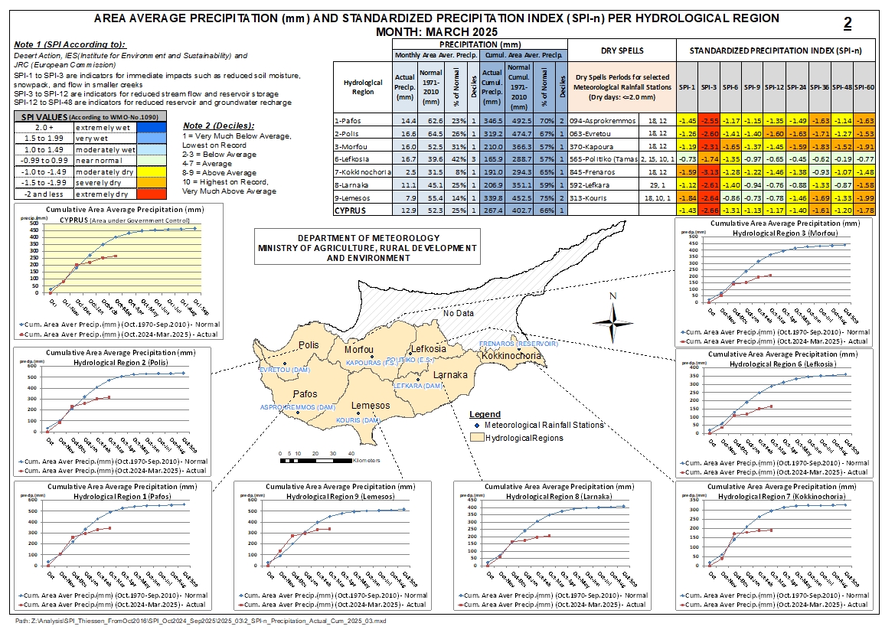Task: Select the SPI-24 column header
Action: pyautogui.click(x=797, y=86)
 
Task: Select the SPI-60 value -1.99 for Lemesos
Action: pyautogui.click(x=864, y=197)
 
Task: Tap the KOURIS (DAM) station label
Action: pyautogui.click(x=358, y=421)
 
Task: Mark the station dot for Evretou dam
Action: pyautogui.click(x=285, y=364)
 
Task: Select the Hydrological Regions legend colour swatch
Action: pyautogui.click(x=477, y=438)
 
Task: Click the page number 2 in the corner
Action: pyautogui.click(x=848, y=24)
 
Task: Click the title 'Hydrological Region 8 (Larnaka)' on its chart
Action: pyautogui.click(x=552, y=497)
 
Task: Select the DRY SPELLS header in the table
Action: pyautogui.click(x=622, y=51)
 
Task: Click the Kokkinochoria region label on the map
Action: pyautogui.click(x=511, y=356)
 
